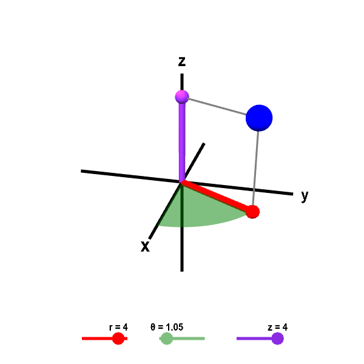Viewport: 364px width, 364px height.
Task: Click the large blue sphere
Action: tap(259, 118)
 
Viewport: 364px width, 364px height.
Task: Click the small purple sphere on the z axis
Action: tap(181, 96)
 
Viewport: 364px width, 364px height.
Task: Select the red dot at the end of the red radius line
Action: tap(253, 212)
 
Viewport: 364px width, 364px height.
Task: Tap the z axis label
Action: tap(181, 61)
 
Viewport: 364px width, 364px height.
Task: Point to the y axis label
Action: tap(305, 195)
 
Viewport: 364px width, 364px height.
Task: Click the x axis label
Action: tap(145, 246)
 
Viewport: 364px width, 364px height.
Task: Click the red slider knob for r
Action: tap(119, 339)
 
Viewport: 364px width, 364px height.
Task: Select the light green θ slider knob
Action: tap(166, 339)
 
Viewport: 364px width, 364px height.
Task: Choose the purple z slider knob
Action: tap(277, 339)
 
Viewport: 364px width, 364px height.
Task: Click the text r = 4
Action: tap(118, 327)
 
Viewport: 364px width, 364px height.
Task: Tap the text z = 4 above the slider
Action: tap(277, 327)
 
